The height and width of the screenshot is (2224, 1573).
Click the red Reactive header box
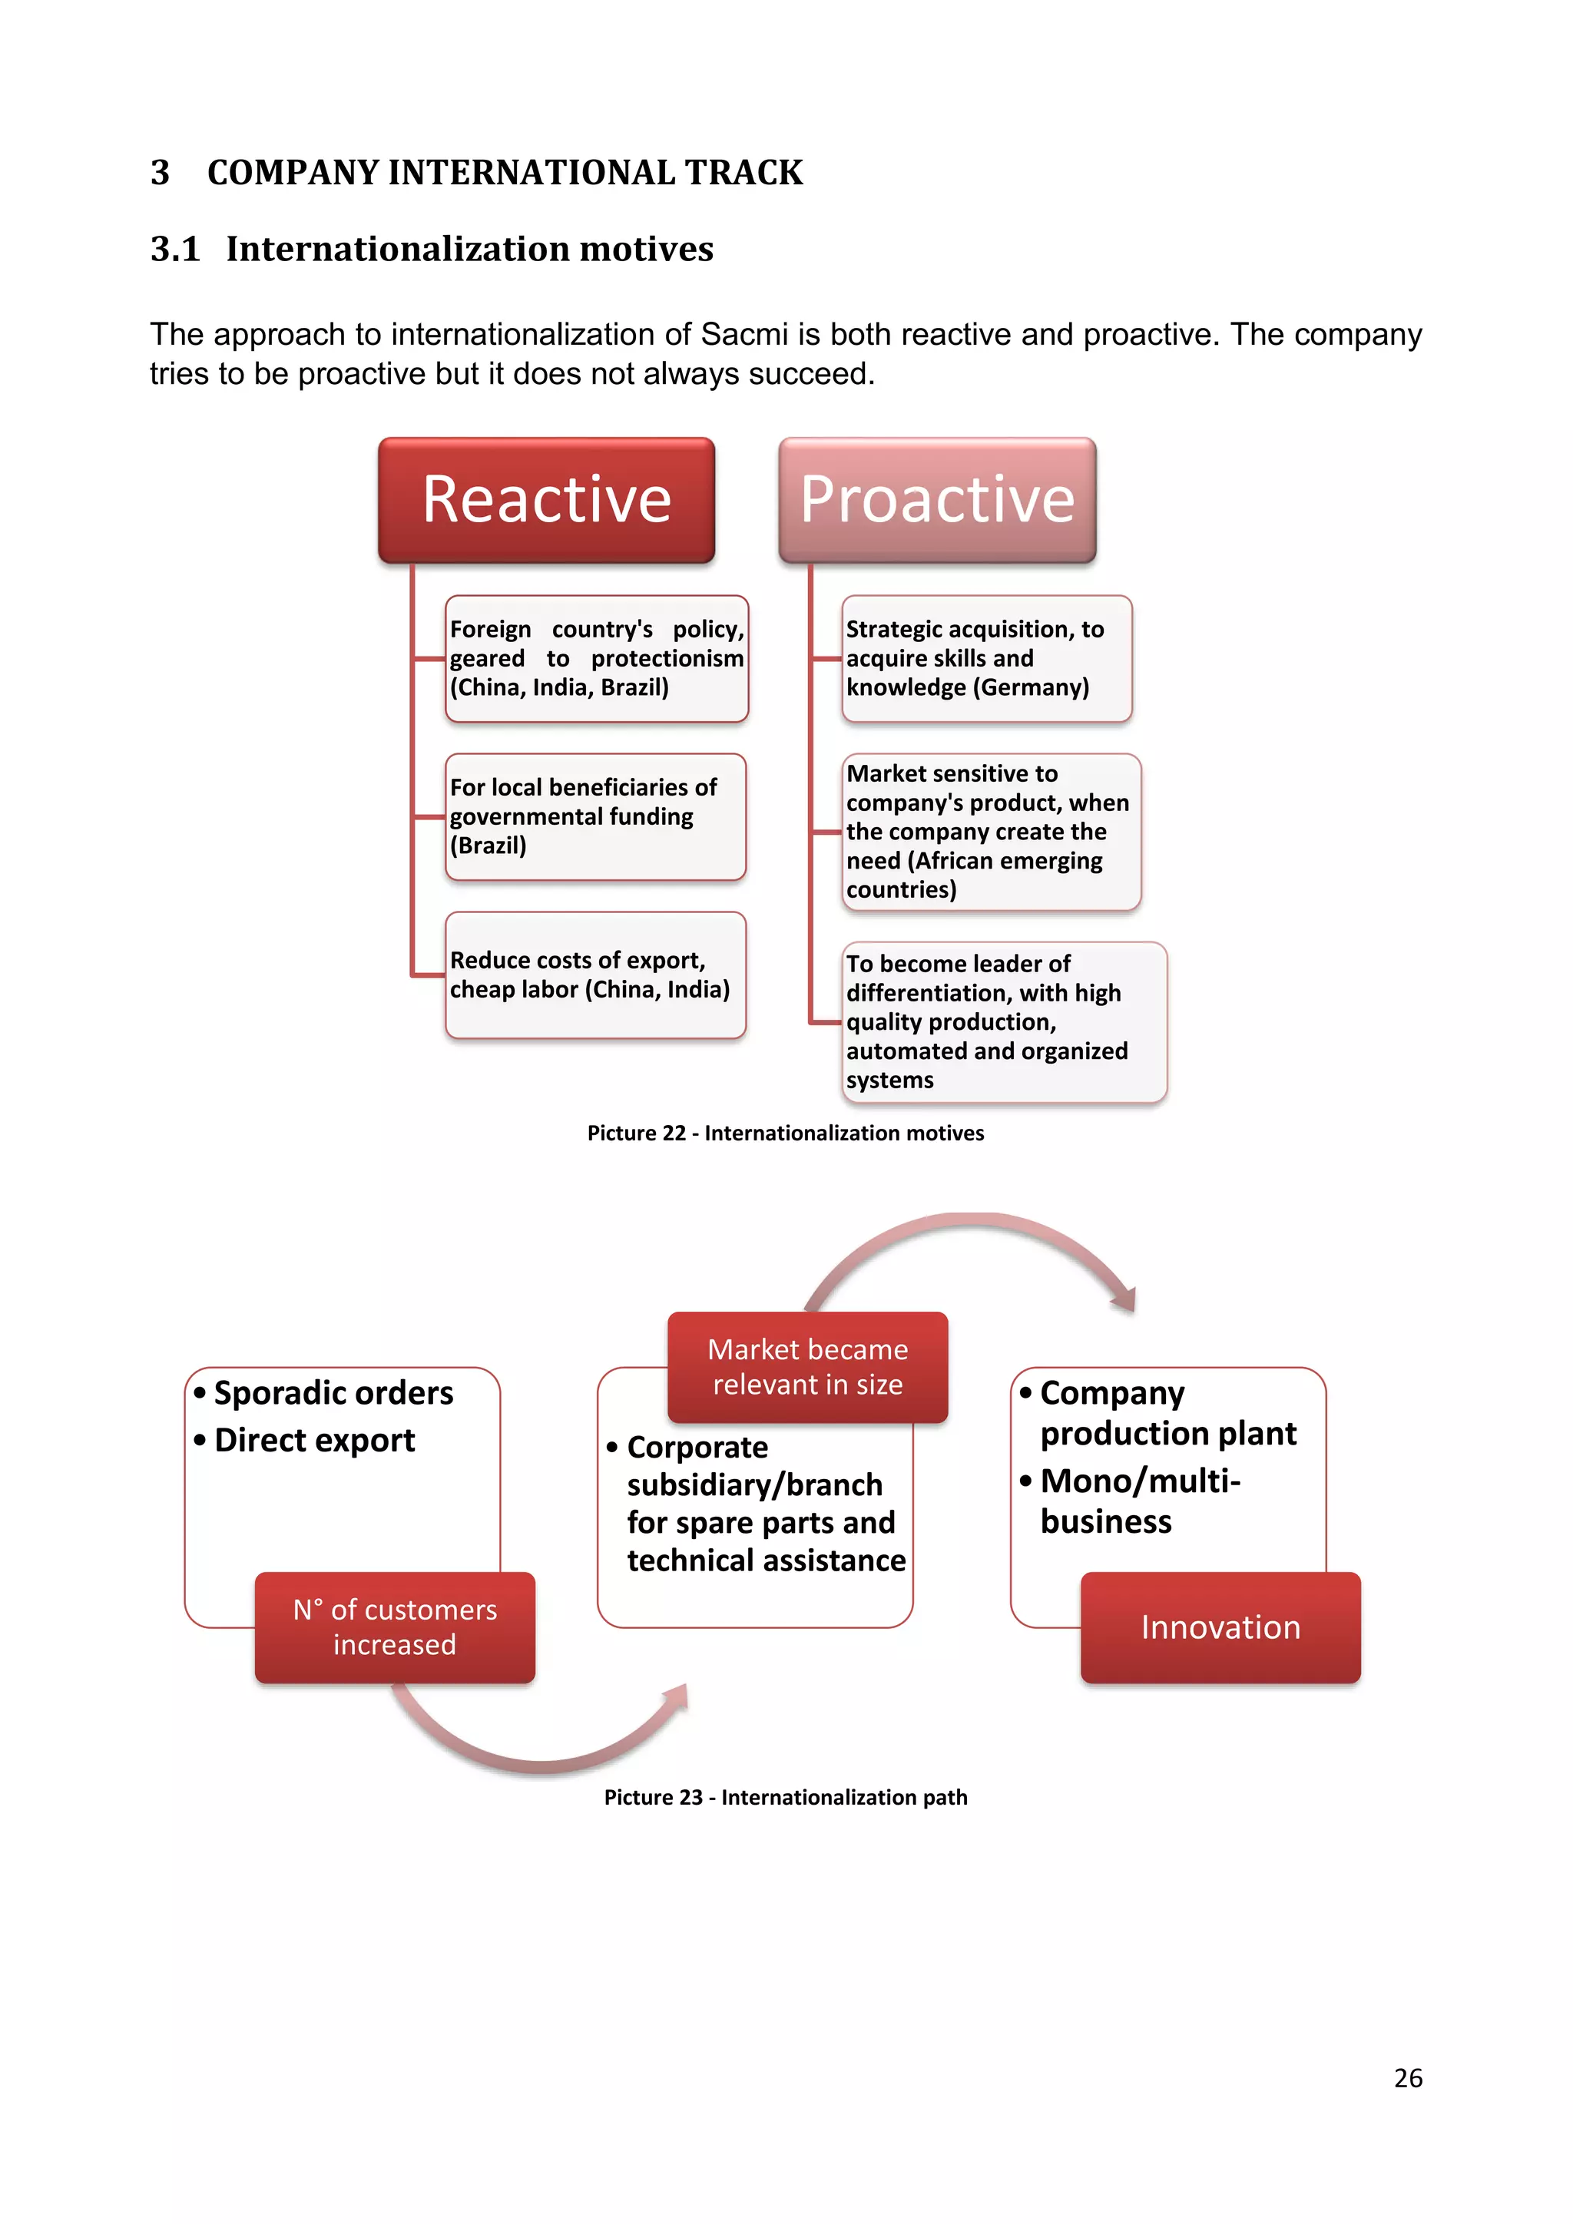tap(546, 500)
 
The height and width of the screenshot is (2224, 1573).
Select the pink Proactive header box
tap(936, 500)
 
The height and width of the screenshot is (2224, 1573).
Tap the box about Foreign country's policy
tap(597, 659)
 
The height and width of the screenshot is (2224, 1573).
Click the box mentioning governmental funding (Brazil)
tap(594, 816)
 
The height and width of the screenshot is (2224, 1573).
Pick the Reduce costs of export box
tap(594, 975)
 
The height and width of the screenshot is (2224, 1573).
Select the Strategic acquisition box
tap(986, 659)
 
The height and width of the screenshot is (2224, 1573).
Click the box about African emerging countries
tap(991, 832)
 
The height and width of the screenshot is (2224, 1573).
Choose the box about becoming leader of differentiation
tap(1003, 1022)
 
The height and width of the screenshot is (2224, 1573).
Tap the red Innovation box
tap(1220, 1627)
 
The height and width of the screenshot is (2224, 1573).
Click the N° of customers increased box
tap(394, 1627)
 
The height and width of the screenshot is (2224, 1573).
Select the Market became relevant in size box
tap(806, 1367)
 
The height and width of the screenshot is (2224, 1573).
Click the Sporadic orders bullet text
tap(333, 1393)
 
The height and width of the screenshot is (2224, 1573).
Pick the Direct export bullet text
tap(314, 1441)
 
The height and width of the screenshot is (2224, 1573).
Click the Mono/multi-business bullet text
tap(1139, 1501)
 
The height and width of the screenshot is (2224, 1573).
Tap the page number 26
tap(1407, 2079)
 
